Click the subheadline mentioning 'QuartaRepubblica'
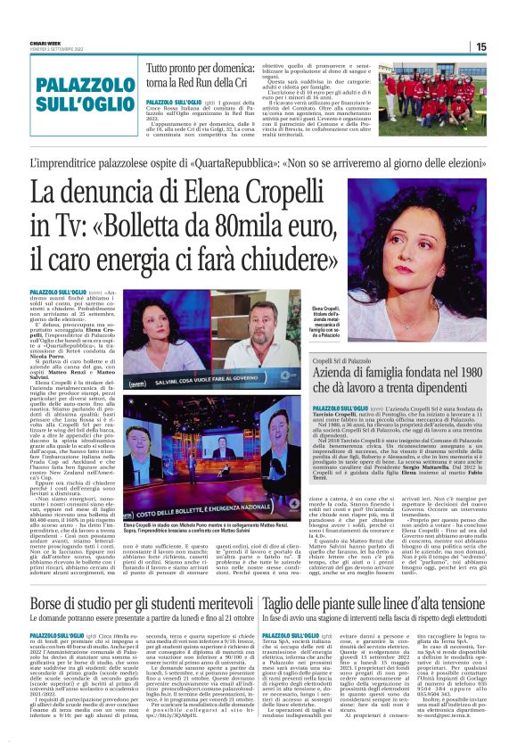click(x=258, y=162)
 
